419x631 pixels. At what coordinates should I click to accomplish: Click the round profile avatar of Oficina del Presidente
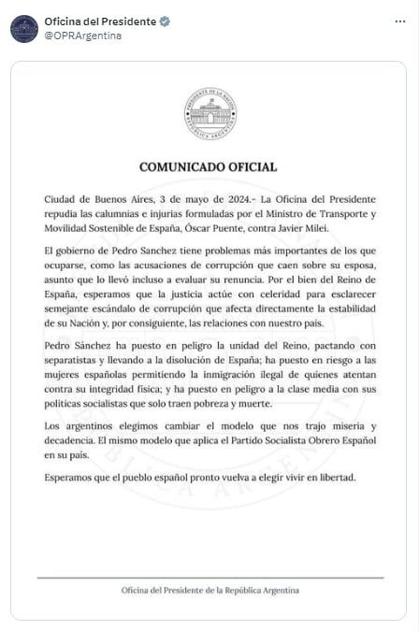24,28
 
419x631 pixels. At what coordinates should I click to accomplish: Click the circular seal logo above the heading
209,113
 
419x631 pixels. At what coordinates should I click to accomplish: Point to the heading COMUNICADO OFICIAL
209,167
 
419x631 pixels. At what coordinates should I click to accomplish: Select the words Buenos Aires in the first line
109,200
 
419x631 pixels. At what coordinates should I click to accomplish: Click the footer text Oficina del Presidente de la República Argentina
209,591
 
